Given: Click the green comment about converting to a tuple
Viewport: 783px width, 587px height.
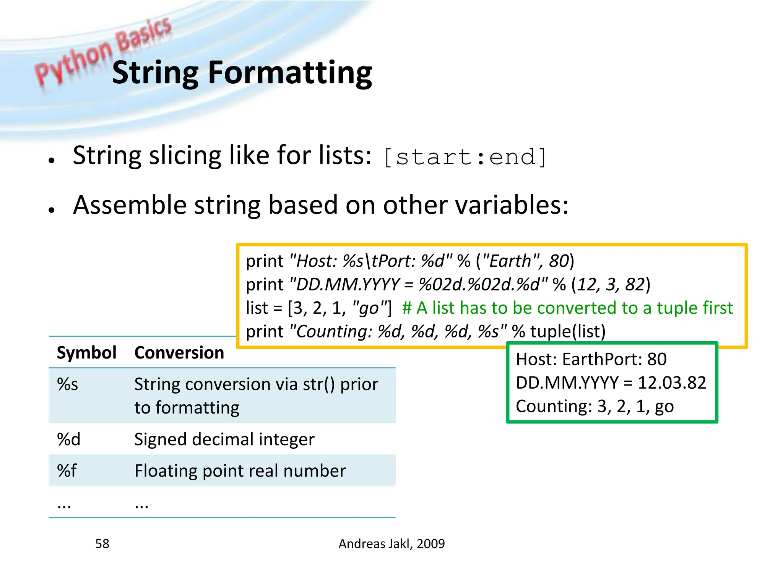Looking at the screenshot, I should click(567, 308).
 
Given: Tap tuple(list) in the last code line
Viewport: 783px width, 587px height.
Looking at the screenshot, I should click(567, 331).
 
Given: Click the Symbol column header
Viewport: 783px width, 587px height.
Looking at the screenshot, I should click(86, 353).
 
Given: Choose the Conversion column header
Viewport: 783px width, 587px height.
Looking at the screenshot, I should click(179, 353).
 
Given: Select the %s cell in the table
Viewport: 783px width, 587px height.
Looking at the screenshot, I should click(67, 384).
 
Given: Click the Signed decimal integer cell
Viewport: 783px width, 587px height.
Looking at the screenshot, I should click(224, 439).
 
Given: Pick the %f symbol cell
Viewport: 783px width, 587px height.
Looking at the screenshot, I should click(67, 471).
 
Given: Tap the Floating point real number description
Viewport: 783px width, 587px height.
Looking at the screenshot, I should click(240, 471).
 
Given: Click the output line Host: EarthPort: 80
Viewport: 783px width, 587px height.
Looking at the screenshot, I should click(591, 360).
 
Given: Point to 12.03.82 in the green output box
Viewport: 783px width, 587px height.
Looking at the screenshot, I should click(672, 383).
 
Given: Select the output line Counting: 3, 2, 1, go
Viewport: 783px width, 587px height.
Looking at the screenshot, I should click(595, 407).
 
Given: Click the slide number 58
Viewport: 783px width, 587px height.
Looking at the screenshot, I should click(102, 544).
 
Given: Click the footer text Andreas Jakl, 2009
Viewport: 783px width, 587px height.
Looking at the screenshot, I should click(391, 544).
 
